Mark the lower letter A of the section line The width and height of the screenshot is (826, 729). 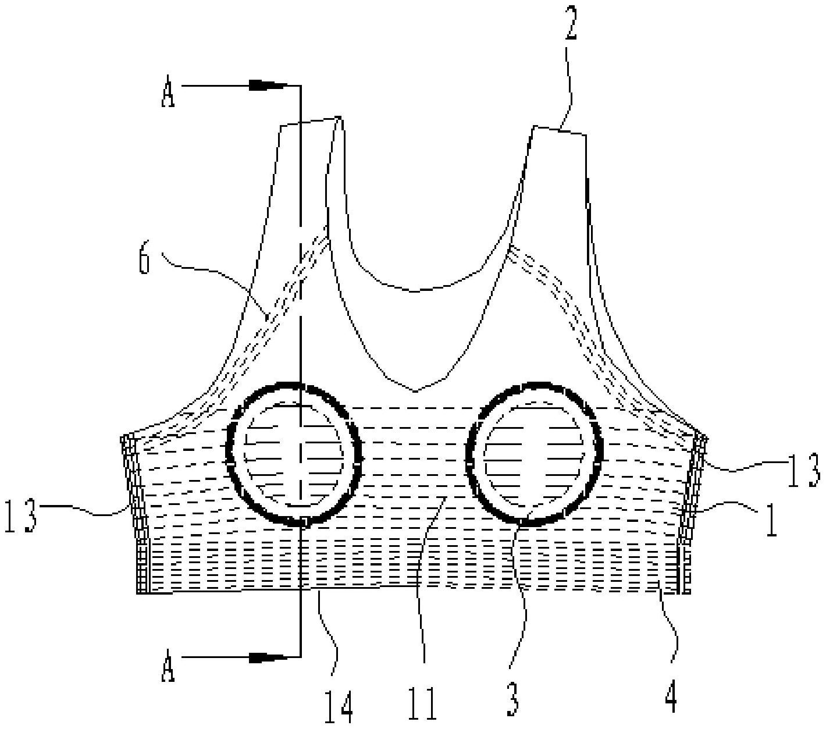point(168,668)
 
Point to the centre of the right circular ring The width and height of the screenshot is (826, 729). point(534,453)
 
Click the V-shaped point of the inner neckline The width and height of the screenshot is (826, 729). point(415,392)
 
